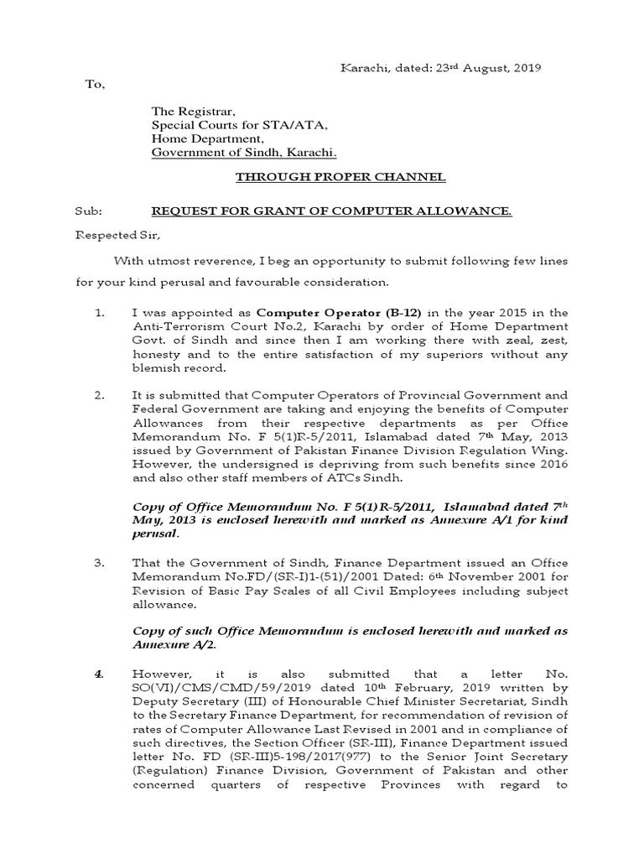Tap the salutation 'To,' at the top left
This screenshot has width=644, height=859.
click(x=95, y=85)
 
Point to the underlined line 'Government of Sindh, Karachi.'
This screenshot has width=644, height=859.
click(x=244, y=153)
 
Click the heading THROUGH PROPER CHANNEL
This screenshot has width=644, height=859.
click(x=340, y=177)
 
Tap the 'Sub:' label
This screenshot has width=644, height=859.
click(x=86, y=211)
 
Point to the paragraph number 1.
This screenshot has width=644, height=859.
click(x=99, y=312)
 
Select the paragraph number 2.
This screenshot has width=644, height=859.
click(x=99, y=395)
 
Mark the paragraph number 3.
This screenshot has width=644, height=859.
click(x=99, y=563)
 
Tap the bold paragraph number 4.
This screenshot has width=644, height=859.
click(x=99, y=673)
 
